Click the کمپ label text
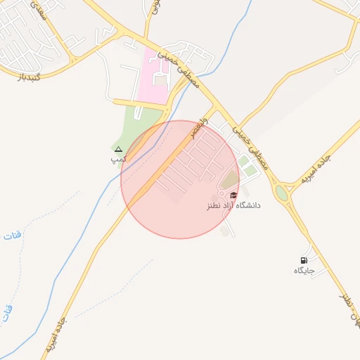[x=118, y=160]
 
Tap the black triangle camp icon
[x=118, y=149]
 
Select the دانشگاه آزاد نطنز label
[x=233, y=205]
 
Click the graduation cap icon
[x=233, y=195]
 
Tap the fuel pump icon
[x=304, y=260]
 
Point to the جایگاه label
[x=303, y=271]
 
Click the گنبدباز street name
[x=30, y=75]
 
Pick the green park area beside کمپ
[x=134, y=127]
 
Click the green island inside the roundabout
[x=282, y=192]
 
